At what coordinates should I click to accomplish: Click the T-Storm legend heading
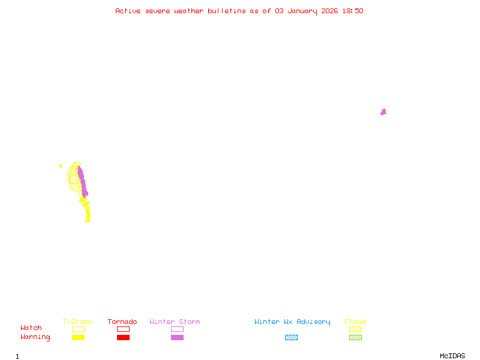click(77, 322)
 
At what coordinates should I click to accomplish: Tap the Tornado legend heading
click(122, 322)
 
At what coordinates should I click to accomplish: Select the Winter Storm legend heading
click(175, 322)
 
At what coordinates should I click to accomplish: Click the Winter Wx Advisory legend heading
click(292, 322)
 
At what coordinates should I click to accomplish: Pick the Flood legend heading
click(355, 322)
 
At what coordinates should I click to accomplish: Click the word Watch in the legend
click(31, 328)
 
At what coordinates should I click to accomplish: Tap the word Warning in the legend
click(35, 337)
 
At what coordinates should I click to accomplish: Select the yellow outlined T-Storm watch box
click(78, 329)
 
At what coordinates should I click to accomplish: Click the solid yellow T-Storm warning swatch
click(78, 337)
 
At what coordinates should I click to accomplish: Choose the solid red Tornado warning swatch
click(123, 337)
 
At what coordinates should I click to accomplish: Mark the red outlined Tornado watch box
click(123, 329)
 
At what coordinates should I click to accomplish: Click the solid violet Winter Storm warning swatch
click(177, 337)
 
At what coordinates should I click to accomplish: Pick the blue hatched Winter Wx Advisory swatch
click(291, 337)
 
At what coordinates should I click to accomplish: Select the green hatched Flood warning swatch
click(355, 337)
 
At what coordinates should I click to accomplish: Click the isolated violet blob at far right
click(383, 112)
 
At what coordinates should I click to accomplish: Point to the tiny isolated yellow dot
click(61, 166)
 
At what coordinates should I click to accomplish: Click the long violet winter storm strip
click(82, 181)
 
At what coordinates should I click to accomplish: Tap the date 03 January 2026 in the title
click(304, 11)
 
